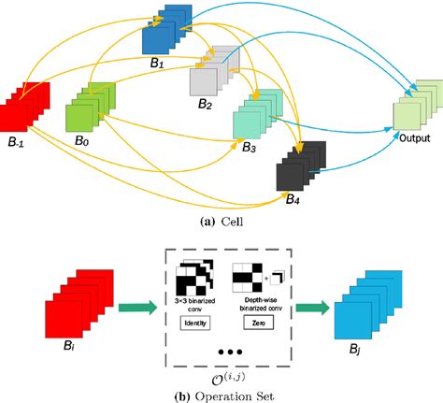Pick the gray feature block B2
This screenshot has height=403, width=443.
coord(214,75)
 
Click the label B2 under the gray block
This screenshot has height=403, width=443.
coord(205,106)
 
